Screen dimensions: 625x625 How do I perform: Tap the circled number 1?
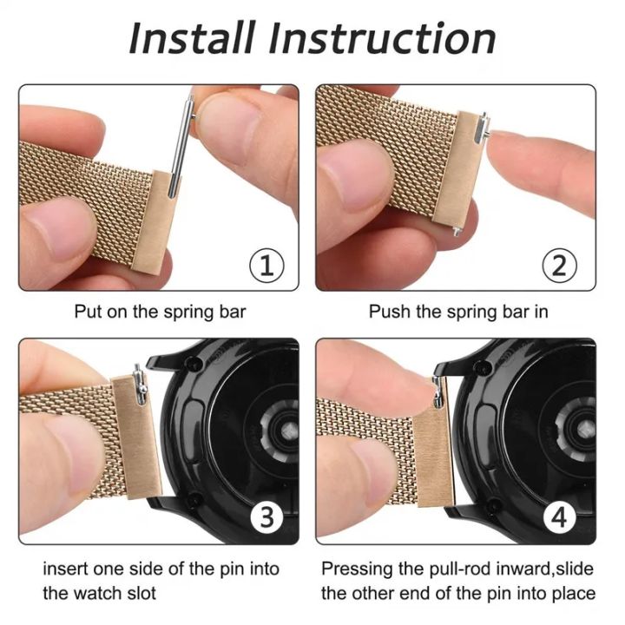pyautogui.click(x=266, y=265)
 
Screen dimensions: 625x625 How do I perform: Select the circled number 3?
pyautogui.click(x=266, y=518)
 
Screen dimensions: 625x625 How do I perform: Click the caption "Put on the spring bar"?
pyautogui.click(x=160, y=311)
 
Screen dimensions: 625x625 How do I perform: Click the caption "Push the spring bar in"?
pyautogui.click(x=457, y=311)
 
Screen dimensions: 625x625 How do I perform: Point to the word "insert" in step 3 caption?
pyautogui.click(x=66, y=569)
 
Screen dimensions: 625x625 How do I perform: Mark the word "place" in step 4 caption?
pyautogui.click(x=574, y=594)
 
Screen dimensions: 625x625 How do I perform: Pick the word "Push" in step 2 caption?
pyautogui.click(x=387, y=311)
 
